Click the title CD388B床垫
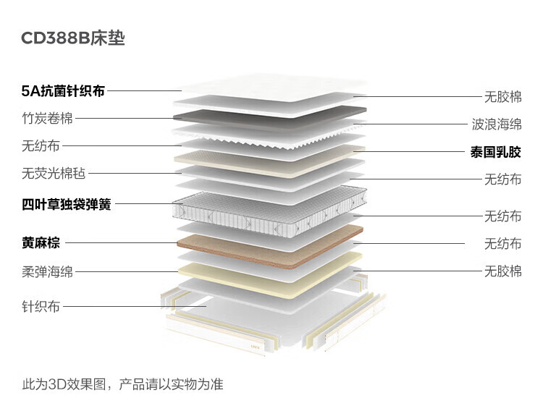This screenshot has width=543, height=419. [x=73, y=38]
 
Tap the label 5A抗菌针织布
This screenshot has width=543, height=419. [x=63, y=91]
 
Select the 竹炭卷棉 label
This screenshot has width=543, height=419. [x=47, y=119]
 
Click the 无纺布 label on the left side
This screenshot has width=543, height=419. [x=41, y=145]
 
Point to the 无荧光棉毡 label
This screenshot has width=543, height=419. [x=54, y=173]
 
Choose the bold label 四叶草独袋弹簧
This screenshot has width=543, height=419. [x=67, y=204]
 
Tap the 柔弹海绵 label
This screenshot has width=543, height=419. [x=47, y=272]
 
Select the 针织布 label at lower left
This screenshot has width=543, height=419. [x=41, y=307]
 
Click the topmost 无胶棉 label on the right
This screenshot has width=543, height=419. [x=502, y=96]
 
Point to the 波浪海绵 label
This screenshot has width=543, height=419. [x=496, y=124]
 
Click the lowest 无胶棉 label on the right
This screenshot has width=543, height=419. [x=502, y=271]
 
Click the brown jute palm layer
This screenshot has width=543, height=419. [x=268, y=242]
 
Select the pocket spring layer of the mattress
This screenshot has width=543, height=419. [x=268, y=206]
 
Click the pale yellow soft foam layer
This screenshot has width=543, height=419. [x=268, y=279]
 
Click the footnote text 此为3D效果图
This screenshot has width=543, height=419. [x=65, y=384]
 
